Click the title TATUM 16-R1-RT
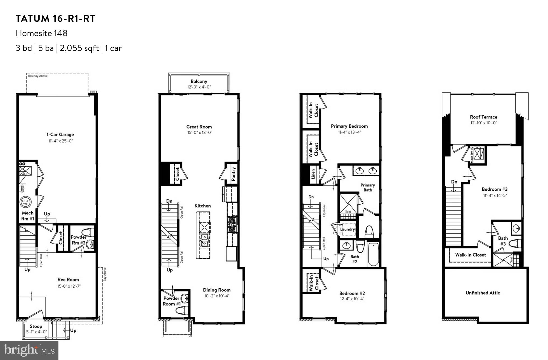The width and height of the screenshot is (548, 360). coord(56,19)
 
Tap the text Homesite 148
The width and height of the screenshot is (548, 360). coord(41,33)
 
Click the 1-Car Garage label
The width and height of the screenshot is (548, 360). coord(60,134)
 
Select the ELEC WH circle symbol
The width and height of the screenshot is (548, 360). coord(25,202)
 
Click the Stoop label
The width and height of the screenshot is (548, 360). coord(36,326)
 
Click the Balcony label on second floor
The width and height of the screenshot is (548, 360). coord(199,81)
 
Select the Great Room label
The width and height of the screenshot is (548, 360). coord(199,127)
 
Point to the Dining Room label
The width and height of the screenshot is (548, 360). coord(217,290)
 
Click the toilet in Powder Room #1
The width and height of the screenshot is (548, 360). coord(184,310)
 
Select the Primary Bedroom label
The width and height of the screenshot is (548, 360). coord(349,126)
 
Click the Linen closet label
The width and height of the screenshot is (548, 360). coord(313,174)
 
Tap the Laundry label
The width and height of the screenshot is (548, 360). coord(347,229)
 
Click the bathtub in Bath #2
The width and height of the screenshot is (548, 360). coord(373,255)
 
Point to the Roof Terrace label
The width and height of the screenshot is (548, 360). coord(483,117)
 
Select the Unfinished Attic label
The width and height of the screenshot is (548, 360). coord(483,293)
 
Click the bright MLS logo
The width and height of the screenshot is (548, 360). coord(29,350)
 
